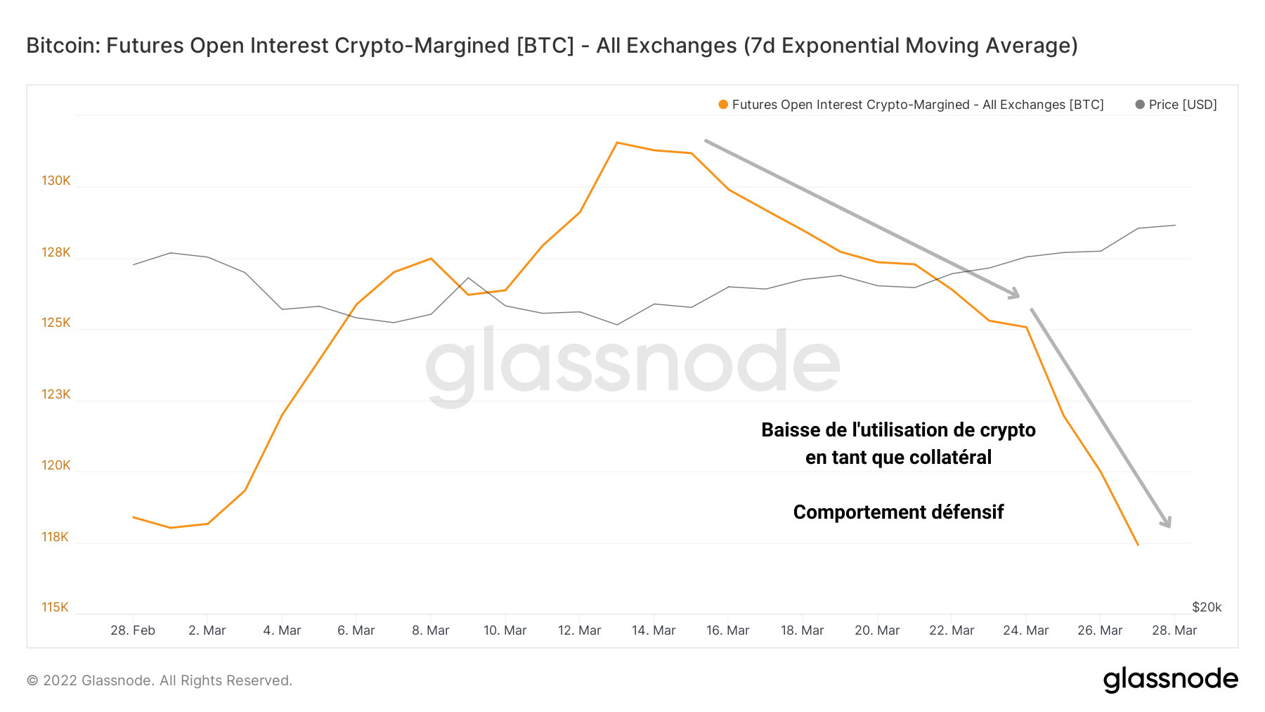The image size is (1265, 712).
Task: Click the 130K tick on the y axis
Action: pos(56,181)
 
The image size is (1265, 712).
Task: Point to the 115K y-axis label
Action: pos(55,607)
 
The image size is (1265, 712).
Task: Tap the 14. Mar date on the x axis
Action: pos(654,630)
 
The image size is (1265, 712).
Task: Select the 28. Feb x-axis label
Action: pos(133,630)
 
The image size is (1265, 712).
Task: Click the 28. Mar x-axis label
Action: pos(1174,630)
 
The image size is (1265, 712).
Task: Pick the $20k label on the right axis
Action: pos(1207,607)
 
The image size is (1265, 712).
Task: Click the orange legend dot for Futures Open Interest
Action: pos(723,105)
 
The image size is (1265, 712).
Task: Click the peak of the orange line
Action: pos(616,143)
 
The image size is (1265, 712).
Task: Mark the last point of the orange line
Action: pos(1138,545)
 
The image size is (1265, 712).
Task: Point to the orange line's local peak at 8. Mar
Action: pos(431,259)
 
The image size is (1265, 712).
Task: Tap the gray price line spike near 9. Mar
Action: pos(469,278)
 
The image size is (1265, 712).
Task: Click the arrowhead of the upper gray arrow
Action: pos(1014,295)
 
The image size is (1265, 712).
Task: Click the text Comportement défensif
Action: pos(898,512)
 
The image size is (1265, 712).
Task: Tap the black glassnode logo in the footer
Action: pos(1170,680)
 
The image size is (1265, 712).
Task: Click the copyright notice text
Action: pos(160,680)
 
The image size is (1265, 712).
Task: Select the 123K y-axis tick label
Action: pos(56,394)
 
